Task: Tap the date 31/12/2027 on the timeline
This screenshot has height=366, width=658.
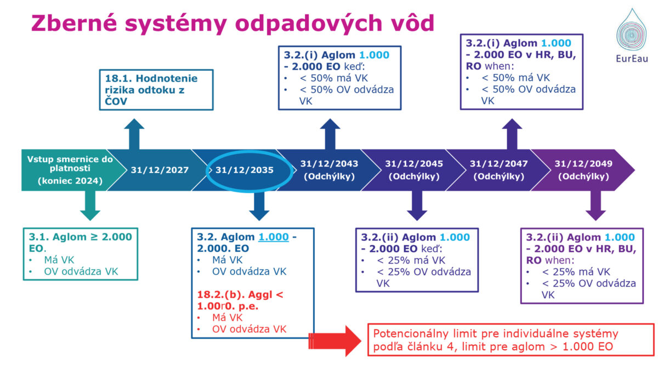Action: tap(160, 170)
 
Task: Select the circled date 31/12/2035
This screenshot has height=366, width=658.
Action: tap(245, 170)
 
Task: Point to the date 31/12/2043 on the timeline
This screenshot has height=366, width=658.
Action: tap(329, 163)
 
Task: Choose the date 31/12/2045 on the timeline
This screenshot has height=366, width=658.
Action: tap(414, 163)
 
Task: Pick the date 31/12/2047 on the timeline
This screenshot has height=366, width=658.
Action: tap(499, 163)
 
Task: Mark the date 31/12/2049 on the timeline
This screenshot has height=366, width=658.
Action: tap(583, 163)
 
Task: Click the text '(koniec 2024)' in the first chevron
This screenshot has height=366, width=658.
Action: tap(70, 181)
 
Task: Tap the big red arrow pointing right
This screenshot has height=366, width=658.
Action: tap(335, 341)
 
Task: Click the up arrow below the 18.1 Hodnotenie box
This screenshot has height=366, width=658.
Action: tap(134, 134)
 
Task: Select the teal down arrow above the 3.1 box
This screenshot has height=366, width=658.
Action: tap(90, 206)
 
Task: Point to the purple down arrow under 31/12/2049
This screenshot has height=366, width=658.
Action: tap(595, 206)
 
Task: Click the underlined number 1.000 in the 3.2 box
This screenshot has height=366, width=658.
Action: tap(274, 237)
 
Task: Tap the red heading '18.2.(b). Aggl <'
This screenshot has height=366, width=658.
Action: tap(240, 295)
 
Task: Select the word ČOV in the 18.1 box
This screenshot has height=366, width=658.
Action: tap(116, 101)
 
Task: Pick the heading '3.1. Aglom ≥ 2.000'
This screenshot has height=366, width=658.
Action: tap(80, 237)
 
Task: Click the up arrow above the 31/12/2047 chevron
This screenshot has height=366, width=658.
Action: tap(512, 134)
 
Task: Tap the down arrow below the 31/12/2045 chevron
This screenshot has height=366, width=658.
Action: tap(417, 206)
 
